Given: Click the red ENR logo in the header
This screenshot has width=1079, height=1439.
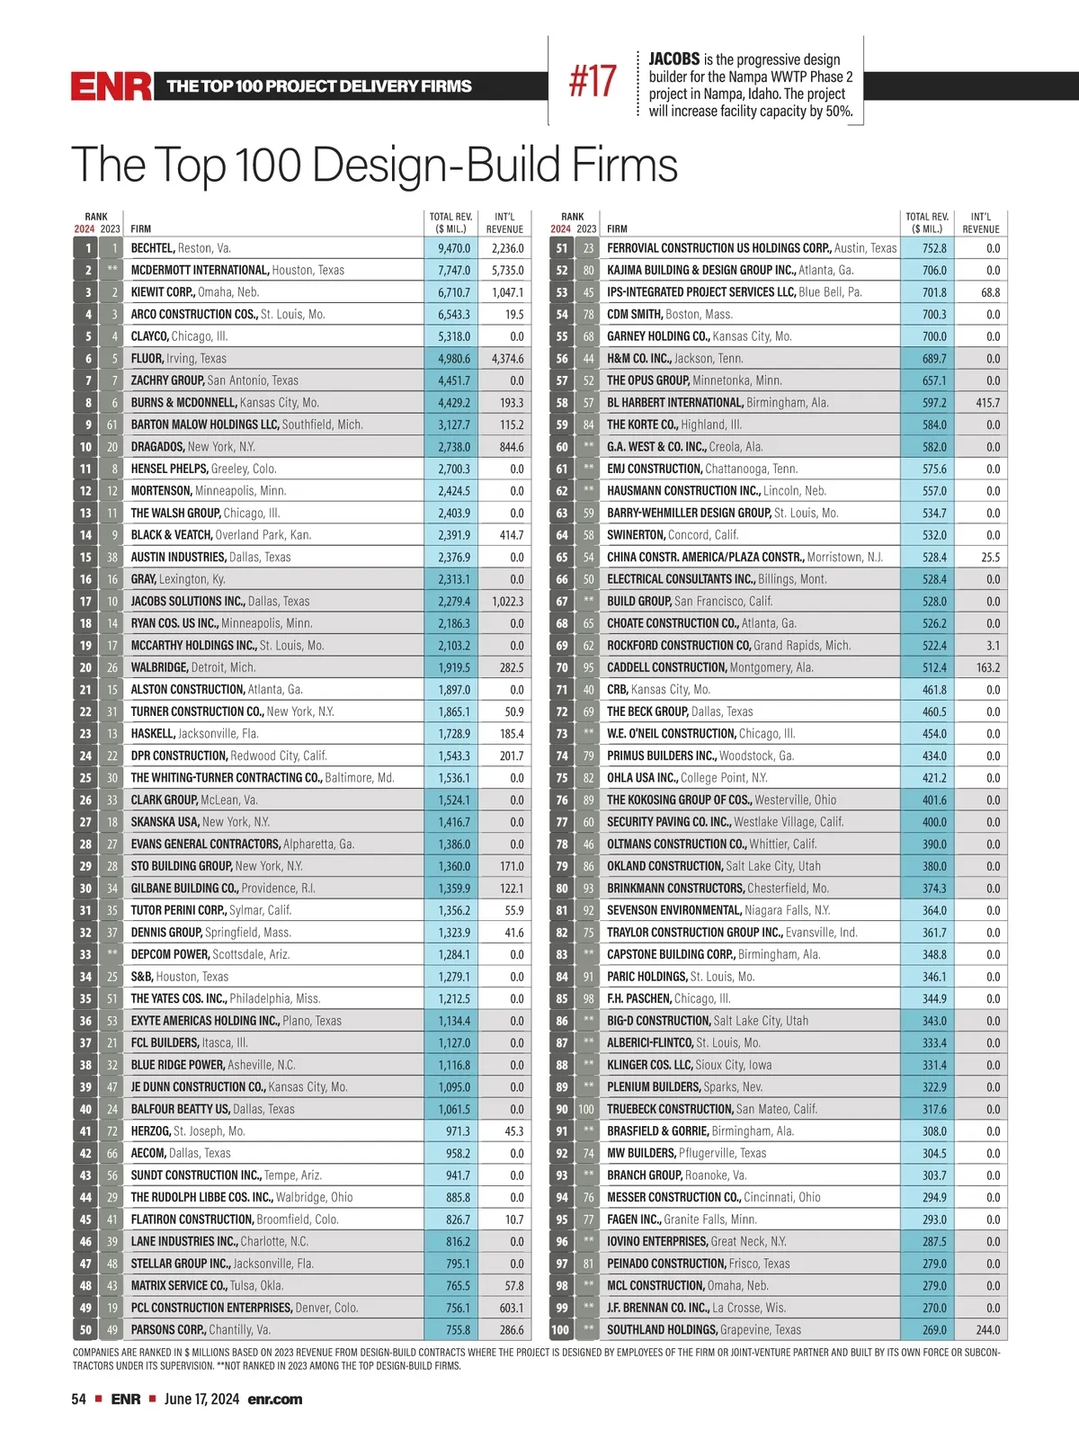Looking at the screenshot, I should [x=111, y=86].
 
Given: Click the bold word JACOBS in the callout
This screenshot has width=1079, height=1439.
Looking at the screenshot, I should [x=673, y=59].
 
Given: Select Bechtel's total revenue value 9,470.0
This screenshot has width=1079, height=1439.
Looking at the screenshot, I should [x=454, y=248].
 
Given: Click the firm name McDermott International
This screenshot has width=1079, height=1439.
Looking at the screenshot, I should [x=200, y=270].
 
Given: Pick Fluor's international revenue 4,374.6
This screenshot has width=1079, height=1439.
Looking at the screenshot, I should [x=507, y=359].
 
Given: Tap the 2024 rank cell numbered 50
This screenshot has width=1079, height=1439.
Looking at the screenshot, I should [x=85, y=1330].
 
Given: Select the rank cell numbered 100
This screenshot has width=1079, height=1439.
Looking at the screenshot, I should [x=560, y=1330].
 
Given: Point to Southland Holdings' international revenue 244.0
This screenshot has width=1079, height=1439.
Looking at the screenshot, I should [x=986, y=1330].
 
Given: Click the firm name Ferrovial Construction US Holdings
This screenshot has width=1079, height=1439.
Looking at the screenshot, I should [x=718, y=248].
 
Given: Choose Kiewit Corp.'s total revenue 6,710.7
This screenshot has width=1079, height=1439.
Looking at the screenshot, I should [x=454, y=292].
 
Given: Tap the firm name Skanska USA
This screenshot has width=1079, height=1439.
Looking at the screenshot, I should [x=165, y=822].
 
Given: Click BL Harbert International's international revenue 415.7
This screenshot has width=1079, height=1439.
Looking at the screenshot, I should [x=986, y=403].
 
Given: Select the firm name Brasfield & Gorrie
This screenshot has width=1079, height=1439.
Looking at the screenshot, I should [x=657, y=1131].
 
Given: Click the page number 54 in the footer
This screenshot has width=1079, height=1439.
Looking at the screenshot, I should [x=79, y=1399].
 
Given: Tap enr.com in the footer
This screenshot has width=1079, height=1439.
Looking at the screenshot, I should [x=275, y=1399].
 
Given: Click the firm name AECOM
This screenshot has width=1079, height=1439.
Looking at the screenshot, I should [x=148, y=1153].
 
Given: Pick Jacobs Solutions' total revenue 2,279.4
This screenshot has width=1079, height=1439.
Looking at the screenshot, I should [x=454, y=602].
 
